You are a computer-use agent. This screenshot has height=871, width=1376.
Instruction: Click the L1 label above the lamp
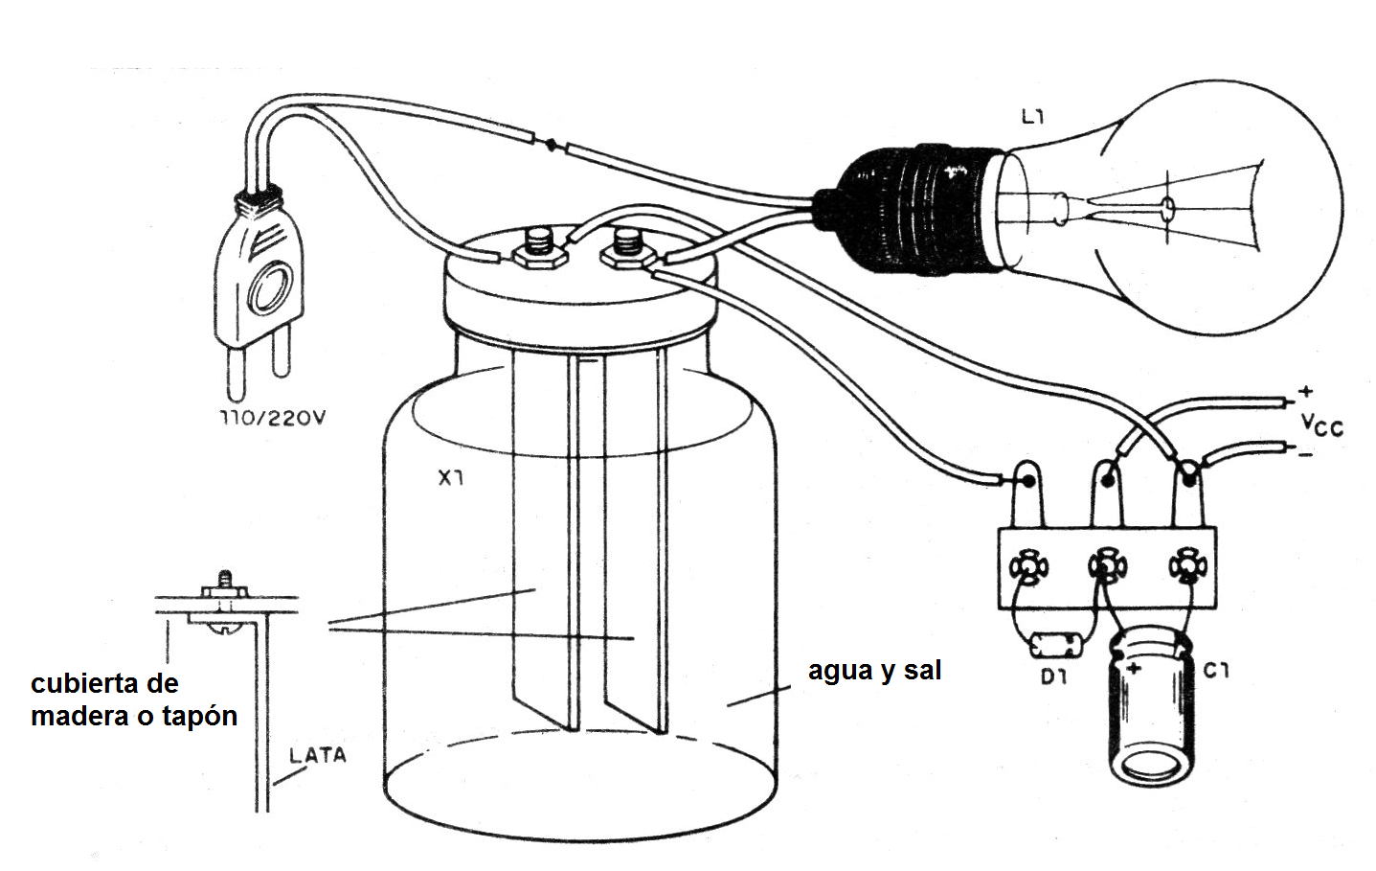tap(1032, 118)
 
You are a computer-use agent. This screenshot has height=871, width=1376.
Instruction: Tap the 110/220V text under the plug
tap(273, 419)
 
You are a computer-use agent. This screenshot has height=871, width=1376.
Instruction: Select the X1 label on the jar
tap(451, 477)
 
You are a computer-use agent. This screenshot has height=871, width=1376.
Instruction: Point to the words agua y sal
tap(874, 670)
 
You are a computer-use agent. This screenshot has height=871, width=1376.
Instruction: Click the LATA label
tap(317, 755)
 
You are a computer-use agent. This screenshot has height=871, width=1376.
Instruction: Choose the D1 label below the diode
tap(1053, 676)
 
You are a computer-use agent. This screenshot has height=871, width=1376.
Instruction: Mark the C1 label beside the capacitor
tap(1216, 671)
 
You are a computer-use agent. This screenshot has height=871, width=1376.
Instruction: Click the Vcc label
tap(1321, 424)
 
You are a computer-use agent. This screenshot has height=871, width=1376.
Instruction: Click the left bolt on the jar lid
tap(540, 246)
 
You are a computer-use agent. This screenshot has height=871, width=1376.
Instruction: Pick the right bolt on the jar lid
tap(627, 246)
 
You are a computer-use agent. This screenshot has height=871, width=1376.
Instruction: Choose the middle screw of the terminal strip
tap(1107, 567)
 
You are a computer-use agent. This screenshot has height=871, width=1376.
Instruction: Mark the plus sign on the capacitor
tap(1134, 668)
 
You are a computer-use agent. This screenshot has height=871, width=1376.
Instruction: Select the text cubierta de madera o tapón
tap(133, 700)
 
